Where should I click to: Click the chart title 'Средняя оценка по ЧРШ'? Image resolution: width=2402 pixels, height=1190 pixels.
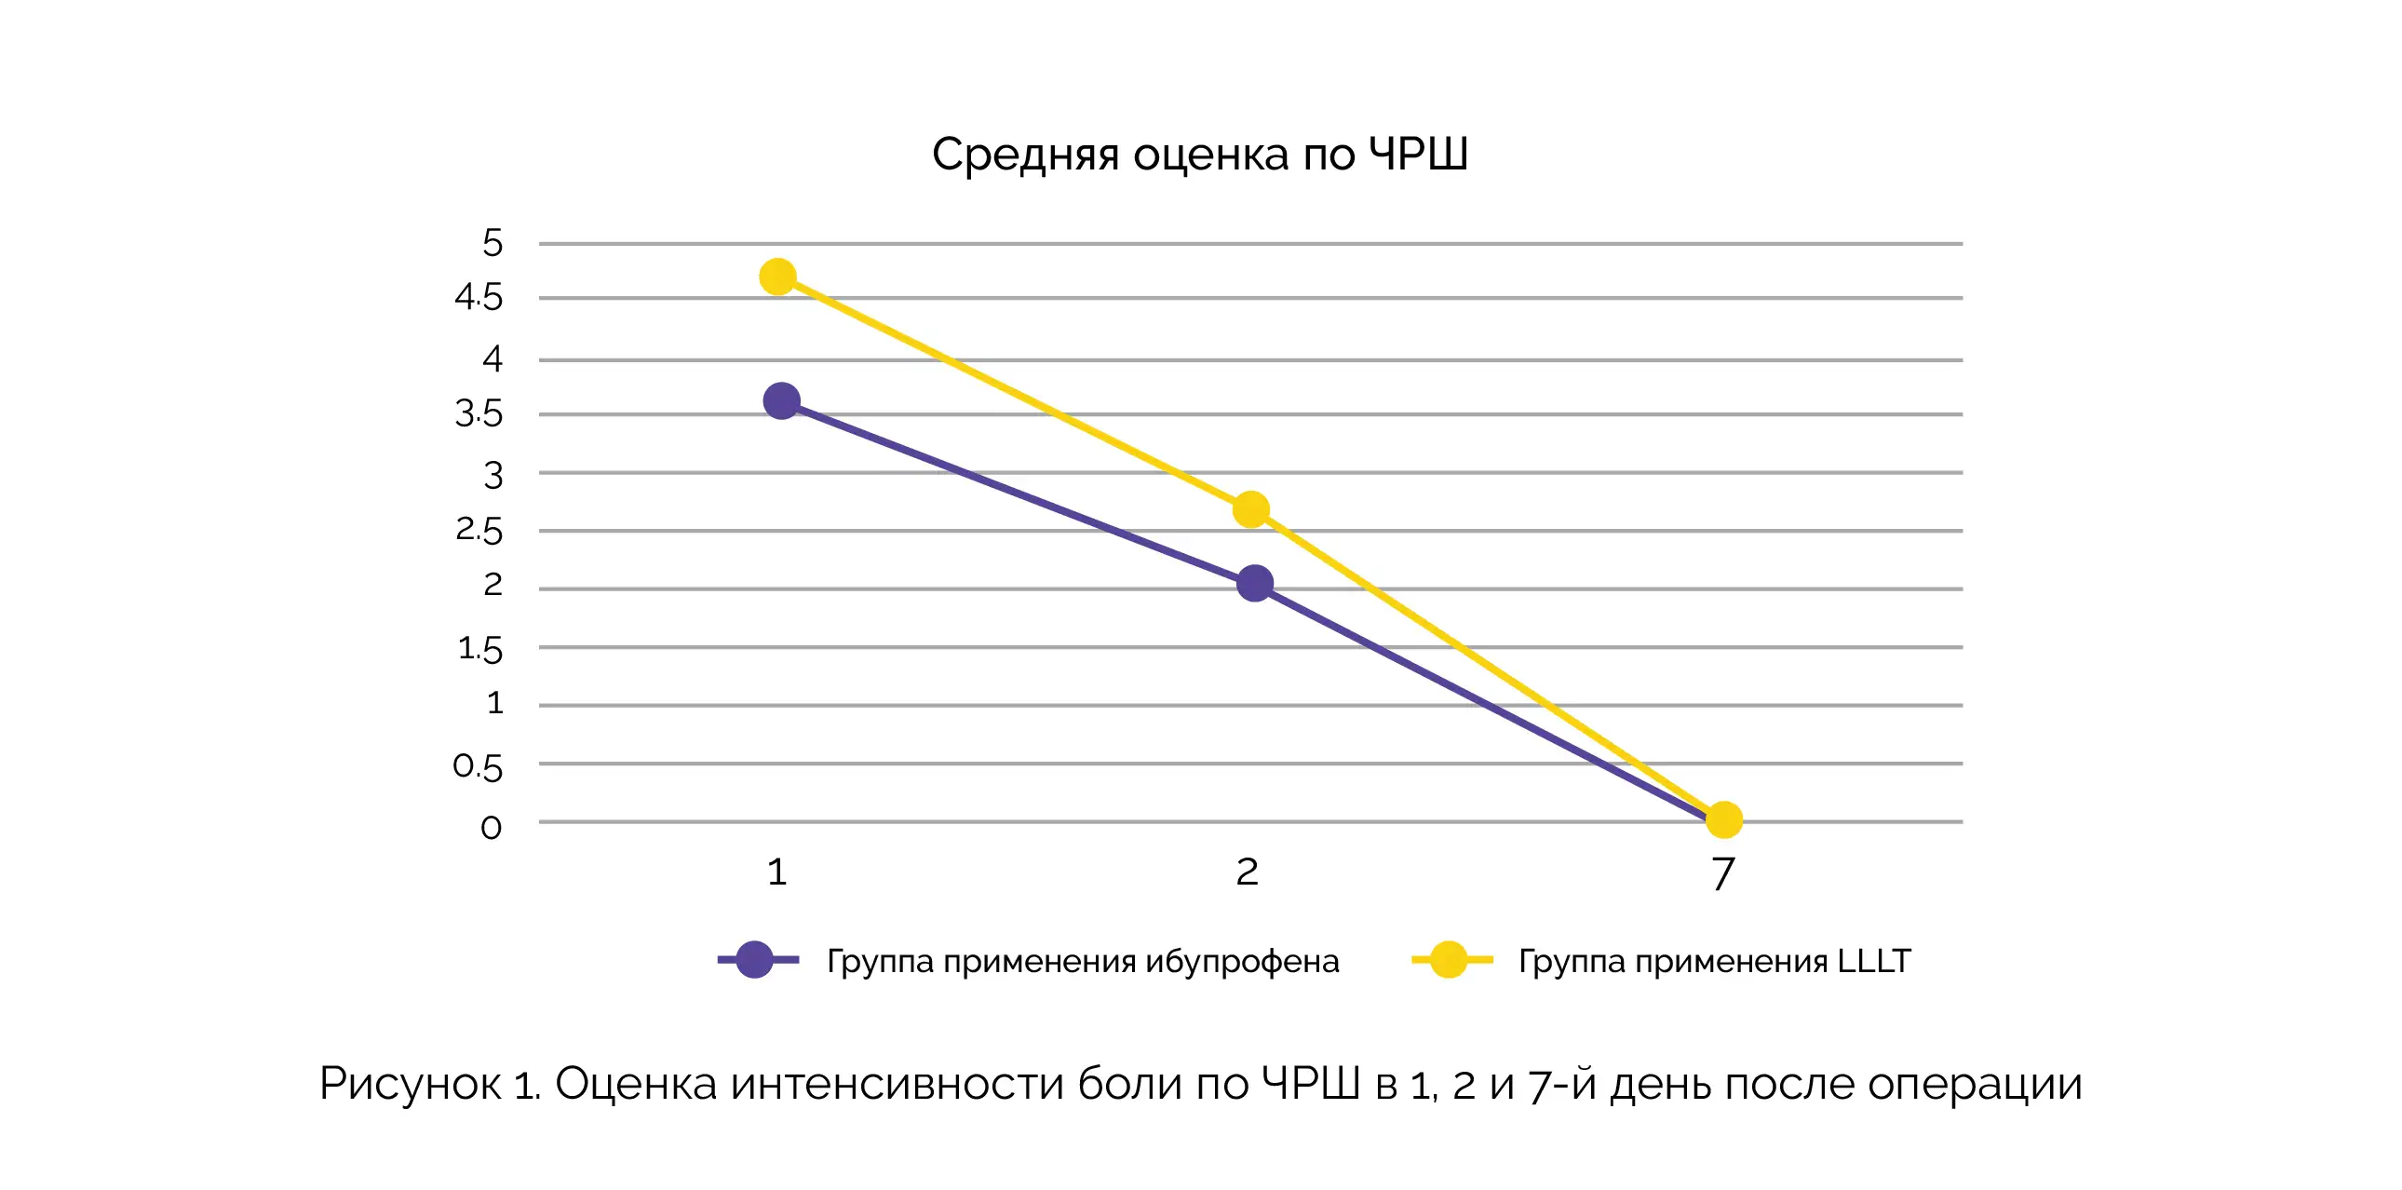1199,155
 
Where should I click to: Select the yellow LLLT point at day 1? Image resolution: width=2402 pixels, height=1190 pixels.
777,277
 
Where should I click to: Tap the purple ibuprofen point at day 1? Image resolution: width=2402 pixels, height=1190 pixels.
781,401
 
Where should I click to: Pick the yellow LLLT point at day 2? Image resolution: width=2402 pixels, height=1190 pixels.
1250,509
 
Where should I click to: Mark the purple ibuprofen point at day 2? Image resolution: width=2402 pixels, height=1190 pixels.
1255,583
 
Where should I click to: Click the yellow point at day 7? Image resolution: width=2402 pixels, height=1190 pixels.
1724,819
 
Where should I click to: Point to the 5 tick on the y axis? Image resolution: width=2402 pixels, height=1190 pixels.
493,243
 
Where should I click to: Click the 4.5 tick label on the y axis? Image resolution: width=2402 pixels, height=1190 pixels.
479,298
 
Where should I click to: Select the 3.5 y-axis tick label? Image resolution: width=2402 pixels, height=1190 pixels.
479,414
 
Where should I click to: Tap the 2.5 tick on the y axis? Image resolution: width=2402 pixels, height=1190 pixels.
479,531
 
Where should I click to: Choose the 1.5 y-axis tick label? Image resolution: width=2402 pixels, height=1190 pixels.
479,648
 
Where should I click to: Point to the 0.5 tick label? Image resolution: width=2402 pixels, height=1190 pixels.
478,766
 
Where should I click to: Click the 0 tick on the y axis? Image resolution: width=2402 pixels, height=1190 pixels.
491,827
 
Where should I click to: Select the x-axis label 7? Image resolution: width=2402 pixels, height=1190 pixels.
1723,873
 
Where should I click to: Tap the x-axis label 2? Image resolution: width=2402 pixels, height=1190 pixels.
1247,872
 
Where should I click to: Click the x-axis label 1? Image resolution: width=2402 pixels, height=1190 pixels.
776,872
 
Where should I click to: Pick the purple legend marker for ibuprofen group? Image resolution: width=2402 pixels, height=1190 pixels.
754,960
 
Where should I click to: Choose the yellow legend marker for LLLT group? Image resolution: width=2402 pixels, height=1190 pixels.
1449,960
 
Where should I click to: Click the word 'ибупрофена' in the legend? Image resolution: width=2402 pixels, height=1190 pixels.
1242,962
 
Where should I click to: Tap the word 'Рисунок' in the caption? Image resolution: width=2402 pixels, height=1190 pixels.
411,1084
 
